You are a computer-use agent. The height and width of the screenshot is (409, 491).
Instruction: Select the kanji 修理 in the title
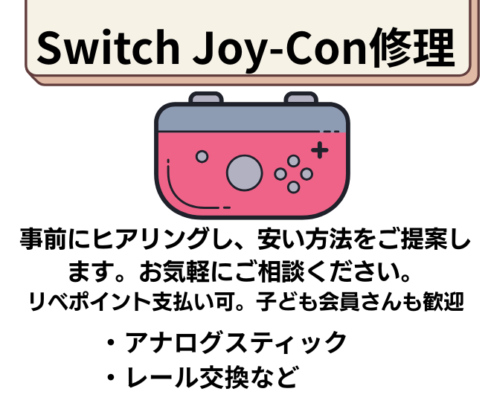414,48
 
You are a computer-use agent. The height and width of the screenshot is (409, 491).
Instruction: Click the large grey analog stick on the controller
245,173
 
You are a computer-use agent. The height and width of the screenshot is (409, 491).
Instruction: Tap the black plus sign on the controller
319,150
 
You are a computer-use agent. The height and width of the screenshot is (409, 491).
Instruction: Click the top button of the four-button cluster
293,161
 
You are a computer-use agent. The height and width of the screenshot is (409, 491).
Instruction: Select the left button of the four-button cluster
280,174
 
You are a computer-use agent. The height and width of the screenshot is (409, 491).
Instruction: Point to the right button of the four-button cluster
307,174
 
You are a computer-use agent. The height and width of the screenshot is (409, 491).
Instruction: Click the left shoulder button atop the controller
205,98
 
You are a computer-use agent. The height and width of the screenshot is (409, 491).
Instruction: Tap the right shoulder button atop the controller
301,98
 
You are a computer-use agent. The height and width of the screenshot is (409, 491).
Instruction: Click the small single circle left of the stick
201,156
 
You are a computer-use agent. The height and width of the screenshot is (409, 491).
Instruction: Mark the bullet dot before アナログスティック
111,344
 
